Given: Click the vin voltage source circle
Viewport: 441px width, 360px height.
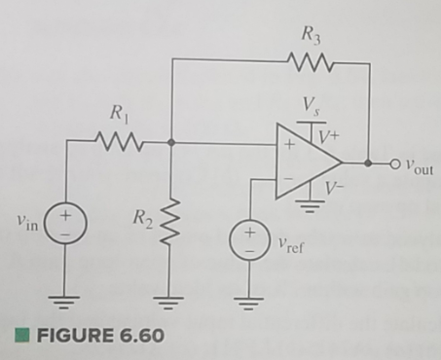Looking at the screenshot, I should [x=67, y=222].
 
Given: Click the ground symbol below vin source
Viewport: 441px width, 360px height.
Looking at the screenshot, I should [x=67, y=298].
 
